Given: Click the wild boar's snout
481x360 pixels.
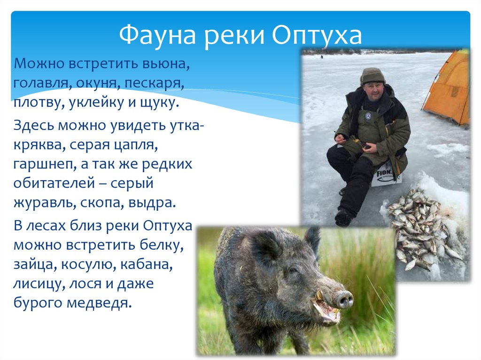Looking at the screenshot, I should [343, 299].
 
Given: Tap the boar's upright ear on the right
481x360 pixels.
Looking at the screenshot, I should [312, 237].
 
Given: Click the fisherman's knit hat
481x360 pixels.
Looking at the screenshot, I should [372, 75].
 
